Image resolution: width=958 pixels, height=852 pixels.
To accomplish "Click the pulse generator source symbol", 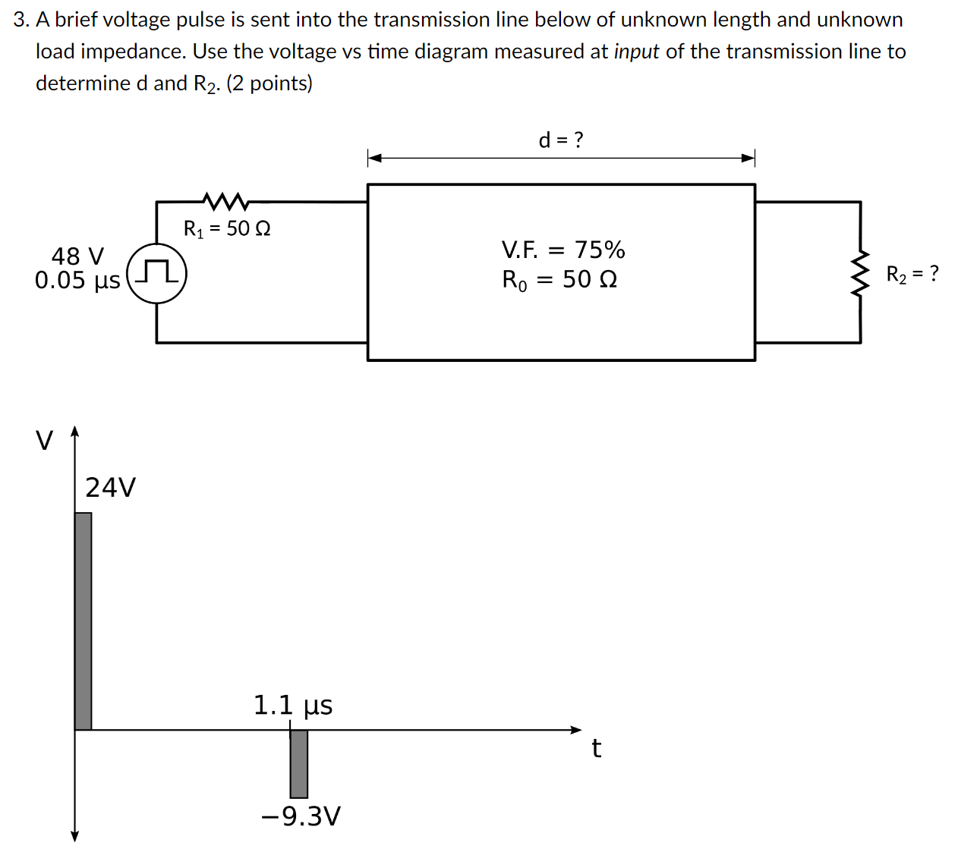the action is click(157, 274).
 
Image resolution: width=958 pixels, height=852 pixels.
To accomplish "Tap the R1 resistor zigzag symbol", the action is click(225, 201).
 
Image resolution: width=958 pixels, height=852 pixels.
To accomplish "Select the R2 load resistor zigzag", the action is click(860, 272).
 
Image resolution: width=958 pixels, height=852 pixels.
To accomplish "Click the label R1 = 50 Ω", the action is click(227, 228).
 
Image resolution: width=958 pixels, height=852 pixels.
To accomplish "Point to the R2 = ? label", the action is click(912, 274).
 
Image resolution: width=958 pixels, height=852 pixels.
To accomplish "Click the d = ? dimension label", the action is click(561, 140).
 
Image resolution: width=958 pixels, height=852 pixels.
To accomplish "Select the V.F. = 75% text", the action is click(563, 250).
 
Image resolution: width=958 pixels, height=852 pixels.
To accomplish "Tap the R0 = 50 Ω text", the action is click(559, 280).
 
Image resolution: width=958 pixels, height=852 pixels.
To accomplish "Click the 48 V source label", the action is click(77, 256).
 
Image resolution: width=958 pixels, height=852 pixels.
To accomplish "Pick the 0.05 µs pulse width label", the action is click(77, 280).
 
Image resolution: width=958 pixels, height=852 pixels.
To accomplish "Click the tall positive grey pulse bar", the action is click(84, 621).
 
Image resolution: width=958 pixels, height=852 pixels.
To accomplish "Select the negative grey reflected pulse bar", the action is click(299, 764).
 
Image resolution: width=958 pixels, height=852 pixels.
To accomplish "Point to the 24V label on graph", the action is click(111, 487).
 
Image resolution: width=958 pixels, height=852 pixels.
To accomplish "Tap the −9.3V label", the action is click(301, 816).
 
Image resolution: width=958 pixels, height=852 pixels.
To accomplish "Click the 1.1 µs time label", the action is click(293, 706).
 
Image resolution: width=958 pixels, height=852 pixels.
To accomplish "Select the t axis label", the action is click(597, 749).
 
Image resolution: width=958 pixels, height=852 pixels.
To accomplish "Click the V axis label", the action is click(45, 440).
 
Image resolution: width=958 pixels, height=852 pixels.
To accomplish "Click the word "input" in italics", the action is click(636, 52).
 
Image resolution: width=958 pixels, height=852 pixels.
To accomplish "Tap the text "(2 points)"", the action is click(269, 83).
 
